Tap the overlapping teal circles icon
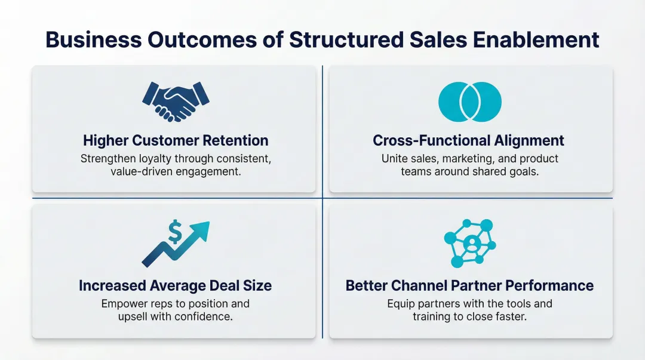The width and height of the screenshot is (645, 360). (x=470, y=102)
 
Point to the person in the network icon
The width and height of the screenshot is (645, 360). (x=471, y=243)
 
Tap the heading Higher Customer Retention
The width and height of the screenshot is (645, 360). (x=175, y=140)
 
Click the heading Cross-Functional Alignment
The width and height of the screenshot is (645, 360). (x=468, y=140)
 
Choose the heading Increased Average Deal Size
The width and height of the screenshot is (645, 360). (x=175, y=285)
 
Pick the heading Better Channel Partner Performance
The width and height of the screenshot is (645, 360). (x=469, y=285)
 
